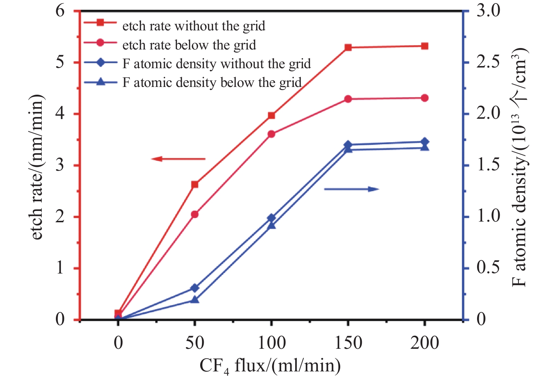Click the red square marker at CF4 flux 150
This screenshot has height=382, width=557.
tap(348, 47)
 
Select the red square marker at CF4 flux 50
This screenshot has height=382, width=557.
tap(195, 184)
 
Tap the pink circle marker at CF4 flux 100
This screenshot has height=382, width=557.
tap(271, 134)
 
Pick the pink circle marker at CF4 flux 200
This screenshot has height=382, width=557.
tap(425, 98)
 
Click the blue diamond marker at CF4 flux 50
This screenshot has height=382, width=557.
tap(195, 288)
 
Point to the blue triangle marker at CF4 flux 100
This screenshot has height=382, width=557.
tap(271, 225)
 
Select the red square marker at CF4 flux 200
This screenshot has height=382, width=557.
tap(425, 46)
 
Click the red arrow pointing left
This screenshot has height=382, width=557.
tap(178, 159)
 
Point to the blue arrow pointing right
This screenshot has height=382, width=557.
tap(352, 189)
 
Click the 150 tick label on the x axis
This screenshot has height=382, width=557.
tap(348, 343)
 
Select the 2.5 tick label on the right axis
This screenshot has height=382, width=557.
tap(488, 62)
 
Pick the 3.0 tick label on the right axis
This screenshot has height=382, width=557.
tap(488, 11)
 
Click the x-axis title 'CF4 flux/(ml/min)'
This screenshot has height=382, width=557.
tap(270, 366)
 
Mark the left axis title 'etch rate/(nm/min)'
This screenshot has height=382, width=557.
tap(37, 168)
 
